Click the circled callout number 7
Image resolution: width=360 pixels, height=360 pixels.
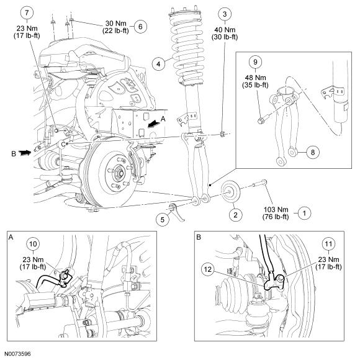(27, 12)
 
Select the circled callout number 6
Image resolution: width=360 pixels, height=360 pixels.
(140, 27)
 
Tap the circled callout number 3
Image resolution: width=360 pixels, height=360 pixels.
(225, 14)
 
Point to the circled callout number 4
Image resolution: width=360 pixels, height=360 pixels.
(158, 64)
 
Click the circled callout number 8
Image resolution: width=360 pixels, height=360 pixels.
(312, 152)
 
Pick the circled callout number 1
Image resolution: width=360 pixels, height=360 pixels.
(304, 214)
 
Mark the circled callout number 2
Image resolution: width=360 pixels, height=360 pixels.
(235, 215)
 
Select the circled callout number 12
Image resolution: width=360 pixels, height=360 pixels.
(207, 269)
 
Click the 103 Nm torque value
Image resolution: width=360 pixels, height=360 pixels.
(276, 210)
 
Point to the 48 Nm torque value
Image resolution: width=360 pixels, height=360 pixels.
(255, 78)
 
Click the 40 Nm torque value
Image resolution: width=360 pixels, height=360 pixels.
(225, 30)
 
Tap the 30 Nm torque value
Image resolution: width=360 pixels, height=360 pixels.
(115, 24)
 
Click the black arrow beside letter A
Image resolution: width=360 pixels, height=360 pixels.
(153, 124)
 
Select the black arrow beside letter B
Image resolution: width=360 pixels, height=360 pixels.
(25, 153)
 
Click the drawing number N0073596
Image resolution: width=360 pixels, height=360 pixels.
(17, 354)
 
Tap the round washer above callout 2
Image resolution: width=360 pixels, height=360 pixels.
(230, 192)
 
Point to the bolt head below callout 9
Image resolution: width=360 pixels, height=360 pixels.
(260, 120)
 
